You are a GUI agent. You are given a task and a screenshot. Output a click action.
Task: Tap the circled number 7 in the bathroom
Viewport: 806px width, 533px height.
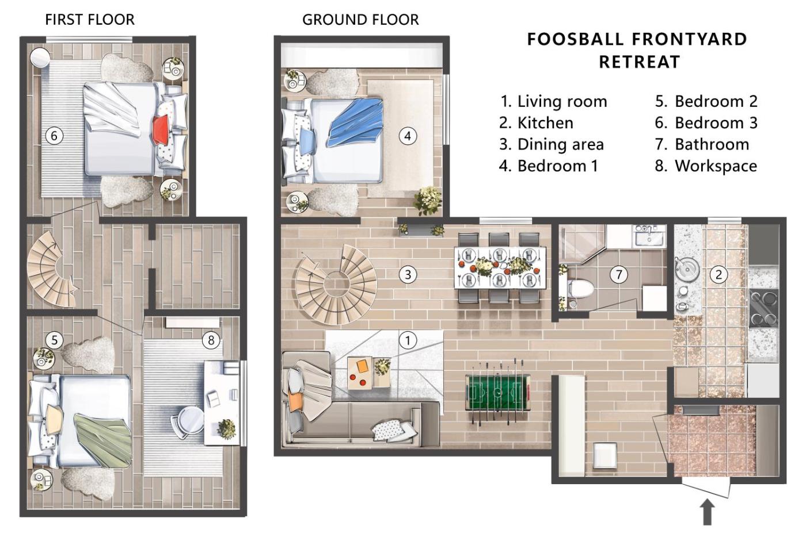tap(618, 275)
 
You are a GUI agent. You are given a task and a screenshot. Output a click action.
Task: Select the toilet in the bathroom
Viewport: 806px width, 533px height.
tap(579, 289)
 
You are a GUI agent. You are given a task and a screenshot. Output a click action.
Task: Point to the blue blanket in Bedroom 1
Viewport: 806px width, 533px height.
tap(355, 121)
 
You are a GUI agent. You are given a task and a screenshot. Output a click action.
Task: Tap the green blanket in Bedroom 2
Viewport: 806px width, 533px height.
tap(102, 440)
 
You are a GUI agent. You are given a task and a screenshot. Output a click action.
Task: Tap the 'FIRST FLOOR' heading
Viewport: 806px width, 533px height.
tap(90, 20)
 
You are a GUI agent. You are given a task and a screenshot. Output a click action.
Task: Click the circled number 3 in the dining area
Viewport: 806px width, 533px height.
tap(408, 275)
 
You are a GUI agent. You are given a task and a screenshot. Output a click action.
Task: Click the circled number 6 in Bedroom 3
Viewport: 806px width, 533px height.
tap(54, 136)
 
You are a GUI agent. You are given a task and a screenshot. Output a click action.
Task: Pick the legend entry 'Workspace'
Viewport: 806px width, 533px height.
tap(706, 166)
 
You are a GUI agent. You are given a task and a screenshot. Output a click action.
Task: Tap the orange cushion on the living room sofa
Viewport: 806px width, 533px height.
tap(295, 402)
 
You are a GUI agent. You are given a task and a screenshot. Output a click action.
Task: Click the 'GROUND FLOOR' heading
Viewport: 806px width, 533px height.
tap(360, 20)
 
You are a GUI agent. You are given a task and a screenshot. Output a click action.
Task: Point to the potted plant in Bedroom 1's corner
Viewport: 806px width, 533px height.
tap(428, 200)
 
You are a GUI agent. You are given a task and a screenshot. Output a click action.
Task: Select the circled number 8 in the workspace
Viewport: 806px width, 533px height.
tap(211, 340)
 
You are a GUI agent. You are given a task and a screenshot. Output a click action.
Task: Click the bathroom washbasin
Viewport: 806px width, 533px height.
tap(650, 235)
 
